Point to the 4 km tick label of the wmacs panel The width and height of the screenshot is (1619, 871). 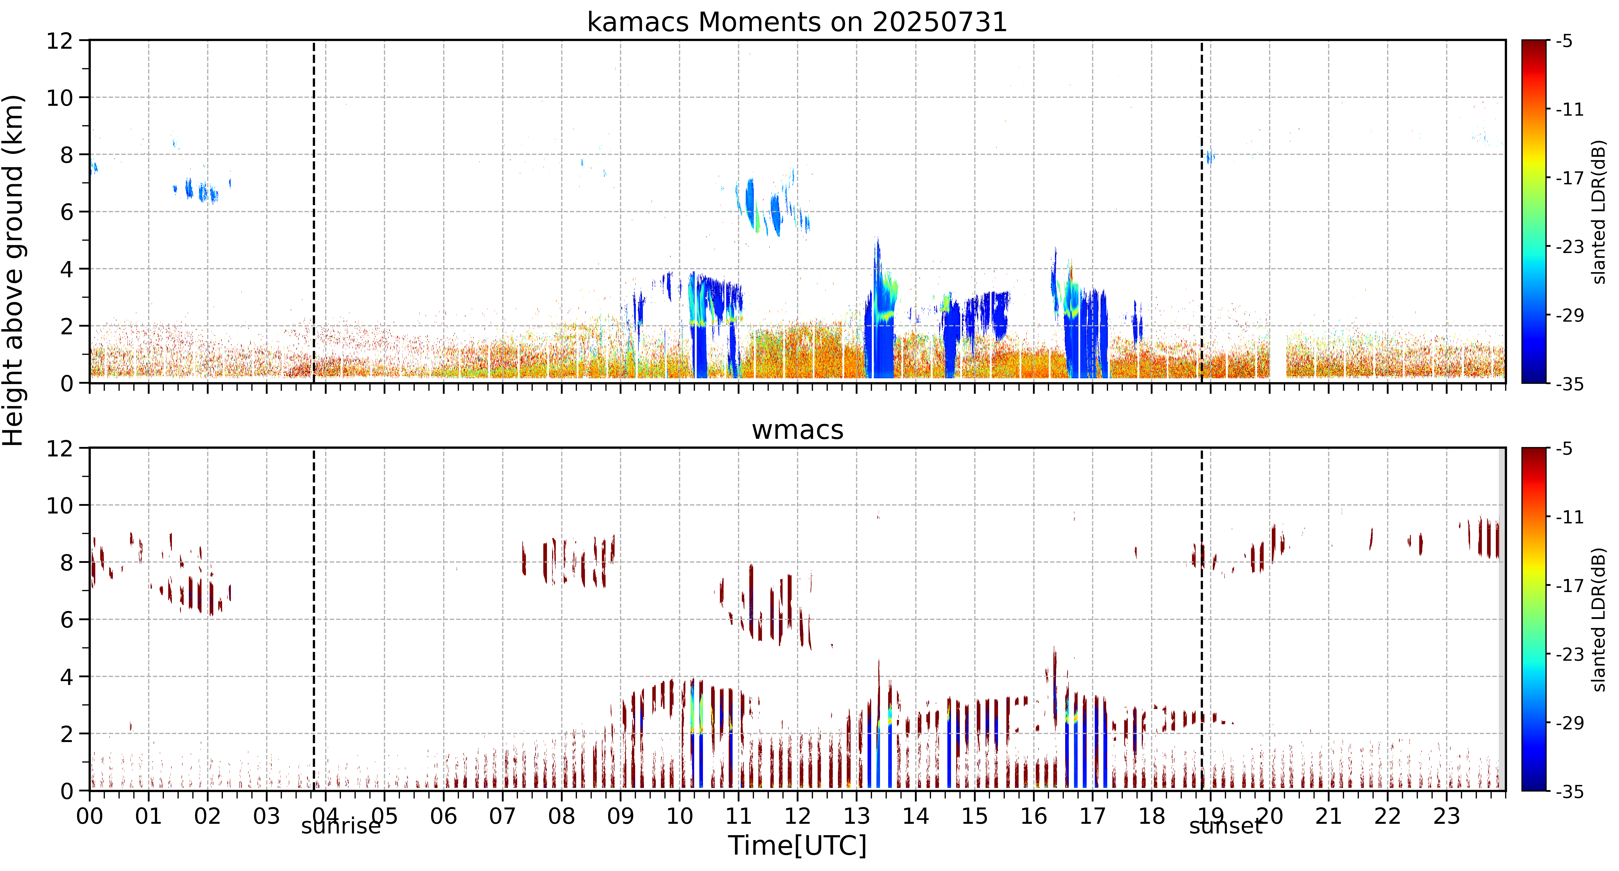point(67,677)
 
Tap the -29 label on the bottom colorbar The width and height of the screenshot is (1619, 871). point(1569,723)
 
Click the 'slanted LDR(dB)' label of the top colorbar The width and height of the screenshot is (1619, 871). point(1599,212)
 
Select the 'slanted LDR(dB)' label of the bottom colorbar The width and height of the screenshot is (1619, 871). point(1599,620)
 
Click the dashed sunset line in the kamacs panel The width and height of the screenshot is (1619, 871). point(1202,212)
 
